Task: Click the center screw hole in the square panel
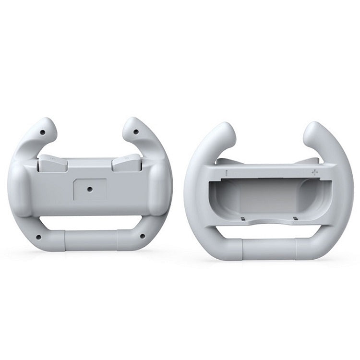(89, 189)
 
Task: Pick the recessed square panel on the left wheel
(89, 189)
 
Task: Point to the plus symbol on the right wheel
(314, 172)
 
